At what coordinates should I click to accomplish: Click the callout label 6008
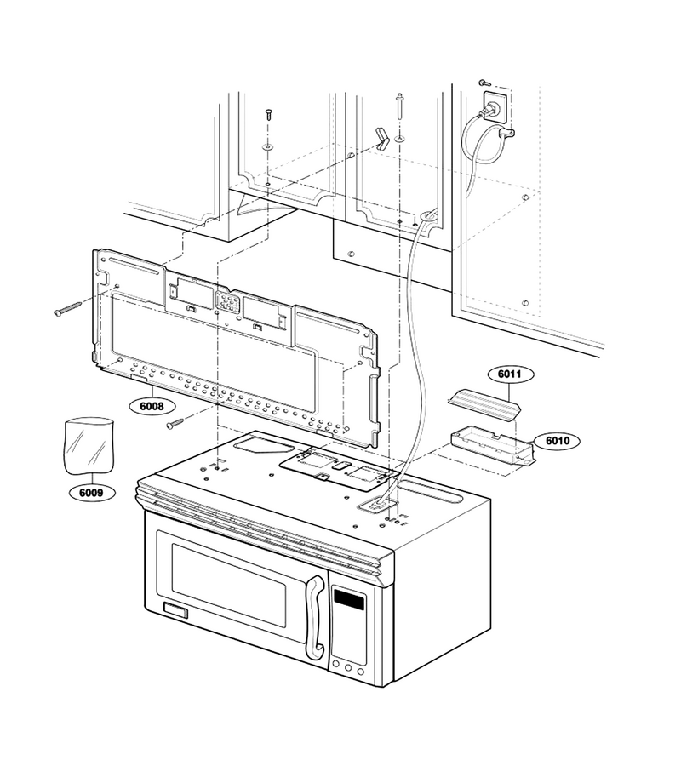(x=152, y=406)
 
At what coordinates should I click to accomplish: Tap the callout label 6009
(x=91, y=493)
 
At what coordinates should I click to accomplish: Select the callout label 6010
(x=557, y=441)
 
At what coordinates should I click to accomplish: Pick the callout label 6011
(x=510, y=374)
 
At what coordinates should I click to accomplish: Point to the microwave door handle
(x=315, y=617)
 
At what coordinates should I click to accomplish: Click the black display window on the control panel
(x=349, y=600)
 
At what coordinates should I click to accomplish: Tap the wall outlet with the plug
(x=495, y=106)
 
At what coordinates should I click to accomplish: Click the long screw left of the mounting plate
(x=69, y=309)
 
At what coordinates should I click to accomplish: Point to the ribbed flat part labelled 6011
(x=484, y=403)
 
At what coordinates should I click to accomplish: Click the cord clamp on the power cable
(x=506, y=132)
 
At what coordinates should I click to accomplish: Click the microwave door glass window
(x=229, y=586)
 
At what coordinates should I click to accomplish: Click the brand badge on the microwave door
(x=175, y=610)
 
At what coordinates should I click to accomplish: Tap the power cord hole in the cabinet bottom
(x=428, y=215)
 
